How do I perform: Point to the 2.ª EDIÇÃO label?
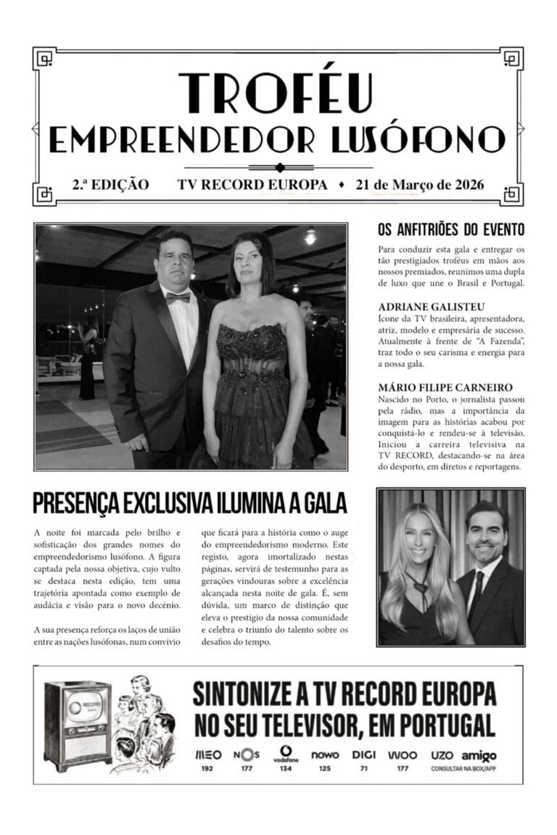pyautogui.click(x=110, y=185)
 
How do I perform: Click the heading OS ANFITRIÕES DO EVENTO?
pyautogui.click(x=450, y=230)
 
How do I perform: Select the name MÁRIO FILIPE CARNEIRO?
pyautogui.click(x=435, y=388)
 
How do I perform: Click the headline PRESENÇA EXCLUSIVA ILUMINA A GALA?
pyautogui.click(x=190, y=503)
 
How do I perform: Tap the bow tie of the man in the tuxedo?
pyautogui.click(x=178, y=296)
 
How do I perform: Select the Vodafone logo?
pyautogui.click(x=285, y=753)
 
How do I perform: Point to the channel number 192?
pyautogui.click(x=207, y=768)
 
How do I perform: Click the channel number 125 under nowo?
pyautogui.click(x=324, y=768)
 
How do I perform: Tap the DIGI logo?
pyautogui.click(x=363, y=755)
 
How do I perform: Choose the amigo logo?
pyautogui.click(x=479, y=756)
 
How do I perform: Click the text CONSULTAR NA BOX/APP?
pyautogui.click(x=463, y=768)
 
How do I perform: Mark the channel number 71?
pyautogui.click(x=363, y=768)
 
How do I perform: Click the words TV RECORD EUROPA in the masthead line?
pyautogui.click(x=252, y=185)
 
